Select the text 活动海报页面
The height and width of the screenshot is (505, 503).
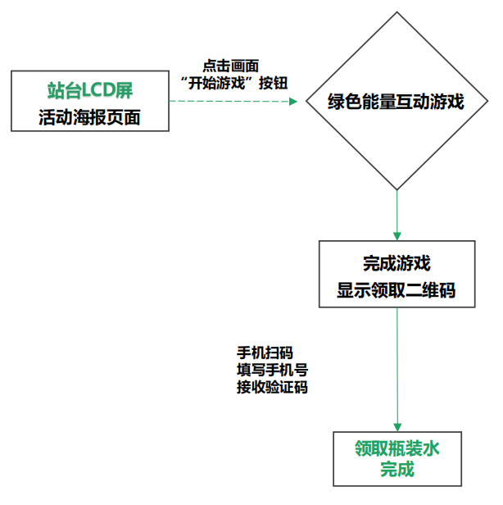tap(89, 117)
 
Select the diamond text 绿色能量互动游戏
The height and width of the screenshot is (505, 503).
tap(397, 102)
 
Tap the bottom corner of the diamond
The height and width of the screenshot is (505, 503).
tap(397, 189)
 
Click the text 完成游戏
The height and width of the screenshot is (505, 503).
tap(397, 263)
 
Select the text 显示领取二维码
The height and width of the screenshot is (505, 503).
tap(397, 290)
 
